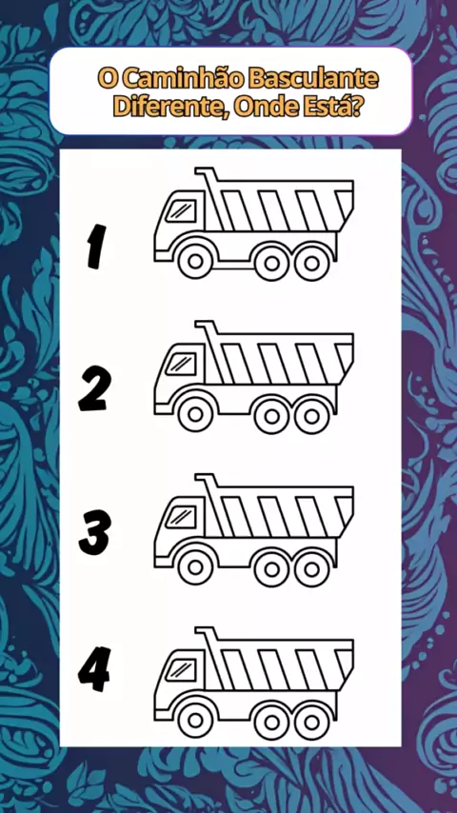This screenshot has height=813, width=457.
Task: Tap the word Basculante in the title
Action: click(313, 79)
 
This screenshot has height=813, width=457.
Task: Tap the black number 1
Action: click(96, 247)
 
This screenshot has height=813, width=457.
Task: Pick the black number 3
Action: click(95, 532)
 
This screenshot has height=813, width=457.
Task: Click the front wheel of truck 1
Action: click(195, 262)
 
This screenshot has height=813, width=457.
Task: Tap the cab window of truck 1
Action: click(181, 212)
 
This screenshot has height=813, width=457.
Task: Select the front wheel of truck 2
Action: click(195, 415)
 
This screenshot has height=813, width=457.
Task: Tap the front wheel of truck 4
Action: click(195, 721)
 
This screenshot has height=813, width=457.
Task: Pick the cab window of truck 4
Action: click(181, 671)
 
